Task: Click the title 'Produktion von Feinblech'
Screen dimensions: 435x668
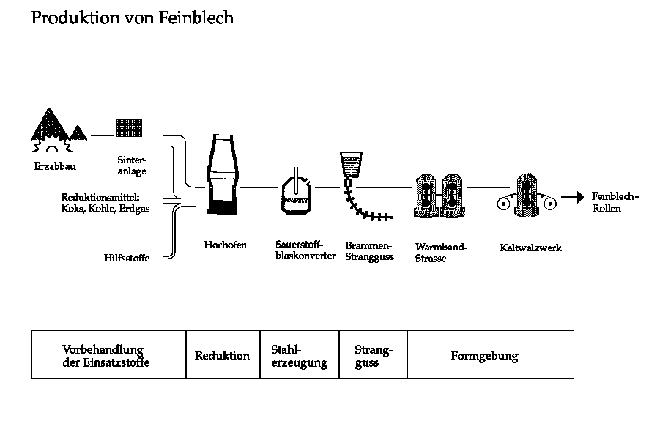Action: pos(133,18)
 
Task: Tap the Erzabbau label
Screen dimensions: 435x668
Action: pos(55,166)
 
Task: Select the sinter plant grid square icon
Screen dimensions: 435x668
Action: pos(130,127)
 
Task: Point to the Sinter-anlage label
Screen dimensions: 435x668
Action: pos(132,166)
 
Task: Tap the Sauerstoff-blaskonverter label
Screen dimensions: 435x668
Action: pos(305,250)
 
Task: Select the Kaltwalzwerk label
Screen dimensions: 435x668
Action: pos(530,248)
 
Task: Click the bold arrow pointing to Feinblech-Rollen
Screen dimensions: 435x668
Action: pos(571,197)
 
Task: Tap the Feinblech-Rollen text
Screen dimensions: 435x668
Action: pos(615,202)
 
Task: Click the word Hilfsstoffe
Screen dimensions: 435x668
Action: pos(127,257)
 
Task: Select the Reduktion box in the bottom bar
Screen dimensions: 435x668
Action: pos(222,356)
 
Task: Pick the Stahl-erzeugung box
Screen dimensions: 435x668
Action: pos(299,356)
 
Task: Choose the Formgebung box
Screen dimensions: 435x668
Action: pos(484,357)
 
